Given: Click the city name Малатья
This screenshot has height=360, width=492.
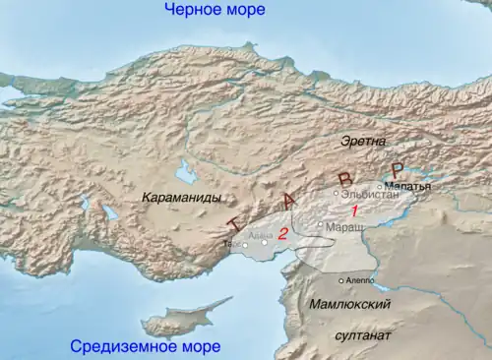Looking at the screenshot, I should coord(407,185).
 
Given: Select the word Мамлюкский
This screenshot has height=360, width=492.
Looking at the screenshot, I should coord(349,305).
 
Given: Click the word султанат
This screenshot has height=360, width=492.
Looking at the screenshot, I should coord(363,335).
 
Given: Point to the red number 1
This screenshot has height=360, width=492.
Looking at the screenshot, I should coord(355,211).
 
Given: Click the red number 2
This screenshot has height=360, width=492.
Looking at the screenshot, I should coord(282,233).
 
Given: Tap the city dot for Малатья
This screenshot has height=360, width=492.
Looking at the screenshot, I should coord(380,185).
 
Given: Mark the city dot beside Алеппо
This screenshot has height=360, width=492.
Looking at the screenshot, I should coord(340,280).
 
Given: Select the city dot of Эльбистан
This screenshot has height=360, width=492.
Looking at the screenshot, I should coord(336,194).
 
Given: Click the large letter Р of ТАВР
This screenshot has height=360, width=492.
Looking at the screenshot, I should coord(397,170).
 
